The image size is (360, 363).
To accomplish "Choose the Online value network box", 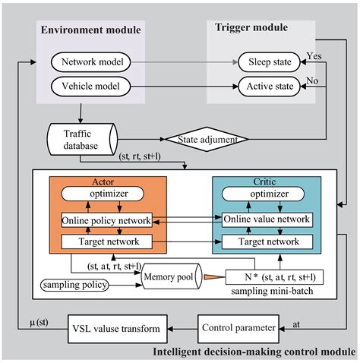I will click(266, 220).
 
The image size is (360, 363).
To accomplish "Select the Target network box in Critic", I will click(266, 241).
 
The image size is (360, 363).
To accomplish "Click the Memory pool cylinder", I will click(168, 278).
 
